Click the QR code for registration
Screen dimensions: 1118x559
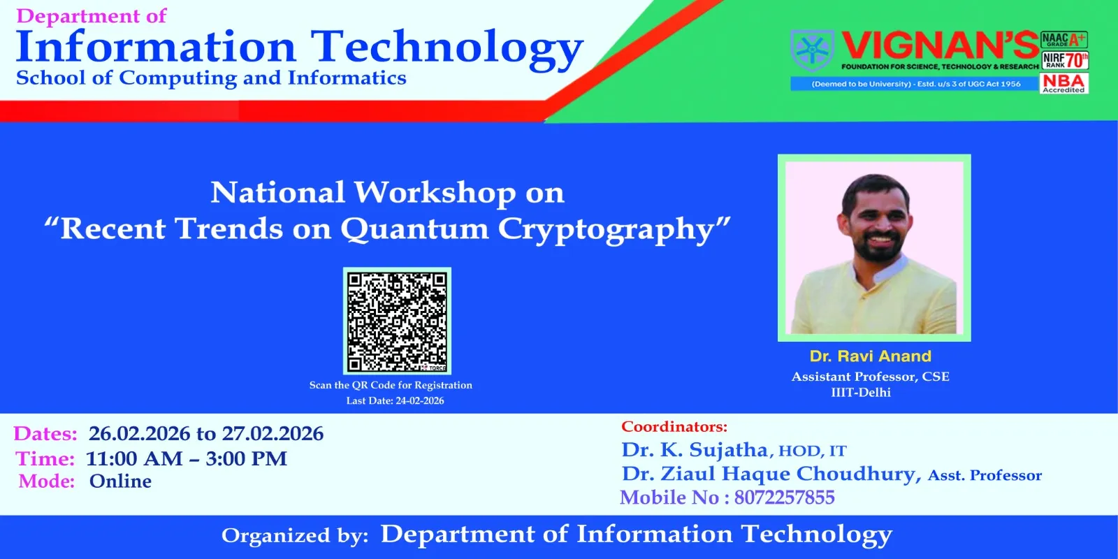pyautogui.click(x=398, y=321)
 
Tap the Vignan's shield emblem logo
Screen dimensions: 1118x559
pyautogui.click(x=813, y=50)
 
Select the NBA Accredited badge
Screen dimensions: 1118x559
pyautogui.click(x=1064, y=83)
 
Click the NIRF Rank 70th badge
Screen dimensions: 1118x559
pyautogui.click(x=1065, y=60)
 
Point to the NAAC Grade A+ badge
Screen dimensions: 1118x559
pyautogui.click(x=1064, y=39)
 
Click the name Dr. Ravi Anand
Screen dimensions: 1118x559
pyautogui.click(x=871, y=356)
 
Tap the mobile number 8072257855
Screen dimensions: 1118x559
pyautogui.click(x=784, y=497)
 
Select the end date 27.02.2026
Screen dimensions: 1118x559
pyautogui.click(x=273, y=433)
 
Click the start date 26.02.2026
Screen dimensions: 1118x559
pyautogui.click(x=139, y=433)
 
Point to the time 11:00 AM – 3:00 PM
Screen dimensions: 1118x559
pyautogui.click(x=187, y=458)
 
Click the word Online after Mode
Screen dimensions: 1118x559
pyautogui.click(x=120, y=481)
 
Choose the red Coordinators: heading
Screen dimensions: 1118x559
pyautogui.click(x=674, y=427)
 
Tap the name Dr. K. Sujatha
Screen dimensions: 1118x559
pyautogui.click(x=695, y=450)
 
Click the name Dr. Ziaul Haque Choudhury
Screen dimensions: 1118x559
pyautogui.click(x=769, y=473)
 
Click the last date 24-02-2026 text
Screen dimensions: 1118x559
pyautogui.click(x=419, y=401)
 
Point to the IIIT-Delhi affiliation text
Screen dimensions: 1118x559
pyautogui.click(x=861, y=392)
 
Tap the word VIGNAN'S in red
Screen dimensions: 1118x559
pyautogui.click(x=941, y=46)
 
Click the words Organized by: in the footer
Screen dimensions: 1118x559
pyautogui.click(x=295, y=535)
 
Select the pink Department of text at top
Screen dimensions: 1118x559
pyautogui.click(x=92, y=15)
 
